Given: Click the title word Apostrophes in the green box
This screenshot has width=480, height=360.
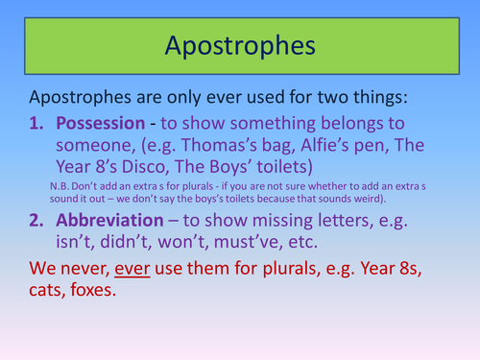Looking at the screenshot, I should (x=239, y=46).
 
